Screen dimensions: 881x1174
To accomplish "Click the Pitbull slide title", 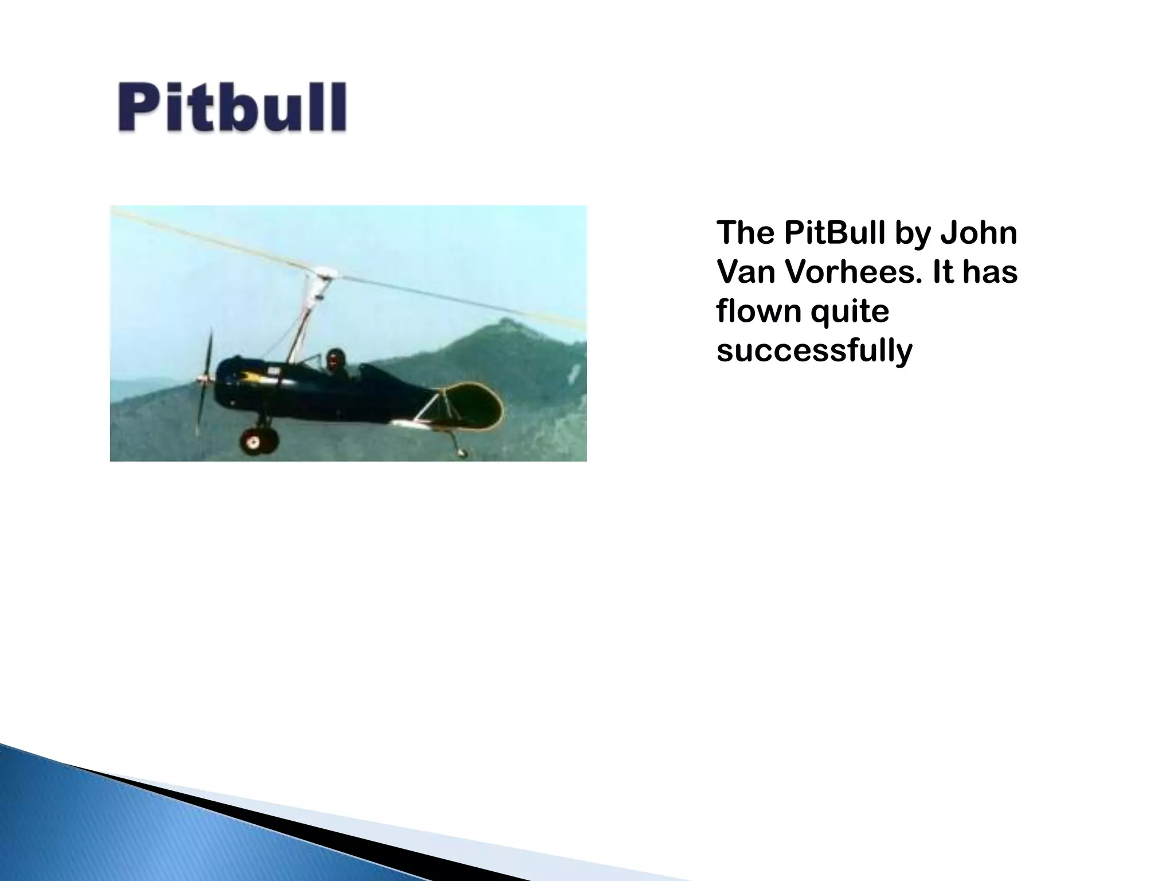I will click(x=232, y=108).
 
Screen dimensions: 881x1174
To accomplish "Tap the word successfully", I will click(x=813, y=351).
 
